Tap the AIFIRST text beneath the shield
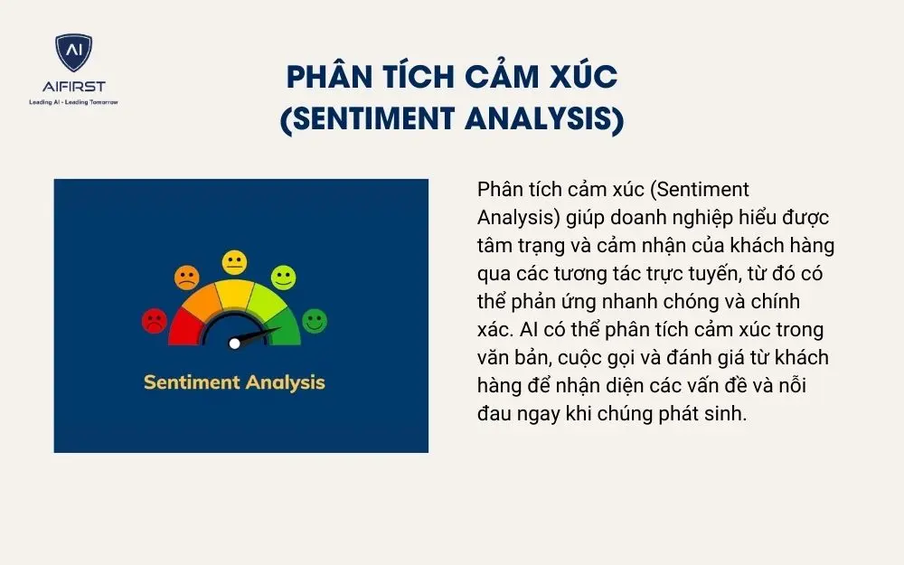tap(73, 87)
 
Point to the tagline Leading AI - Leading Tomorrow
tap(73, 102)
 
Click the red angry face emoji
tap(155, 320)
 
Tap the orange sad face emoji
tap(187, 277)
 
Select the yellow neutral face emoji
tap(235, 263)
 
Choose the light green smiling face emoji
tap(284, 277)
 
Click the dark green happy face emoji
tap(315, 320)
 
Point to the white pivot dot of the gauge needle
tap(235, 343)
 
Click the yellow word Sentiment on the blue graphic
tap(190, 381)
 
